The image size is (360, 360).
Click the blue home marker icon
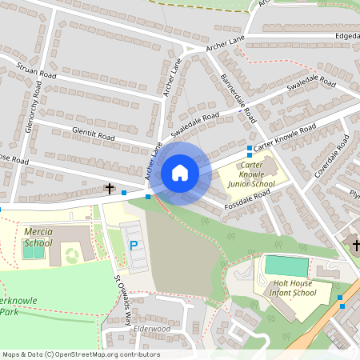[180, 173]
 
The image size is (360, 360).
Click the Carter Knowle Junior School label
[251, 174]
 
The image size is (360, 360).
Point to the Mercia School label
[38, 237]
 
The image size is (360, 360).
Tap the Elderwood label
[152, 329]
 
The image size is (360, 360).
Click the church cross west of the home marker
[110, 190]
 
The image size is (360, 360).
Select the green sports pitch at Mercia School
[34, 251]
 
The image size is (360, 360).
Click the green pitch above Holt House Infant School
[286, 266]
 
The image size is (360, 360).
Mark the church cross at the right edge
[355, 245]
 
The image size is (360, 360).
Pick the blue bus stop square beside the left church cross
[124, 193]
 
